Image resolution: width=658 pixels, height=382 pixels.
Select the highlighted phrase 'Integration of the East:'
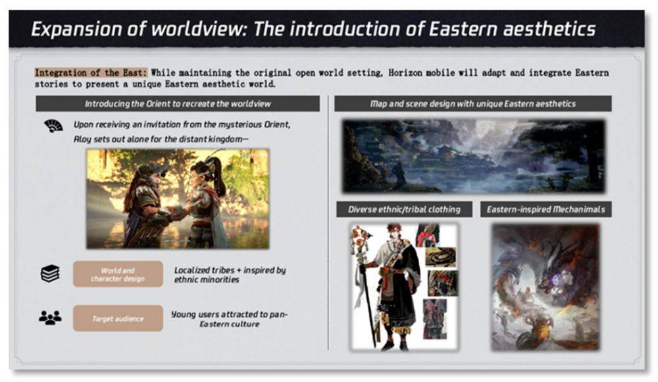click(91, 72)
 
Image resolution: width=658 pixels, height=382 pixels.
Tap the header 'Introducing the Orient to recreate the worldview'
click(178, 104)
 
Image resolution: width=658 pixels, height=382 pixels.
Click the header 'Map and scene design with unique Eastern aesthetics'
click(473, 104)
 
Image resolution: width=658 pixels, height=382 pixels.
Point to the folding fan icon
click(53, 126)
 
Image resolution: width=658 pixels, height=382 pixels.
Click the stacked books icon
click(51, 273)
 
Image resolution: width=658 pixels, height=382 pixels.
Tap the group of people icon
click(50, 317)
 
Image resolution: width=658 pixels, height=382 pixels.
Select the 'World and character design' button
click(118, 274)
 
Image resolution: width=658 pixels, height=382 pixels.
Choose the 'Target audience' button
click(118, 318)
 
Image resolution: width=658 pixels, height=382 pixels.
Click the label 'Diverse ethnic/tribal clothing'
click(404, 209)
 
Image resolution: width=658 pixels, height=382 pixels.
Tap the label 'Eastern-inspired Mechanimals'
click(546, 209)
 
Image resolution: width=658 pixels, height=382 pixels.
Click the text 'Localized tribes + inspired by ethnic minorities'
click(230, 275)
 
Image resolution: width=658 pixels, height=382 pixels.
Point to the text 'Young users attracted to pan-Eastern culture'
click(229, 319)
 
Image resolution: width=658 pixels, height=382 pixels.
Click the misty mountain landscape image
click(474, 156)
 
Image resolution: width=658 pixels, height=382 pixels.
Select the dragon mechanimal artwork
click(545, 287)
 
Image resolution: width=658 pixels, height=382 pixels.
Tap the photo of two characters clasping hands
click(178, 199)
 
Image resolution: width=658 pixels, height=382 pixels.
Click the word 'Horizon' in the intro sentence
click(405, 72)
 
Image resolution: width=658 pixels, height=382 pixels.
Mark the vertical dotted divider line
click(328, 223)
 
